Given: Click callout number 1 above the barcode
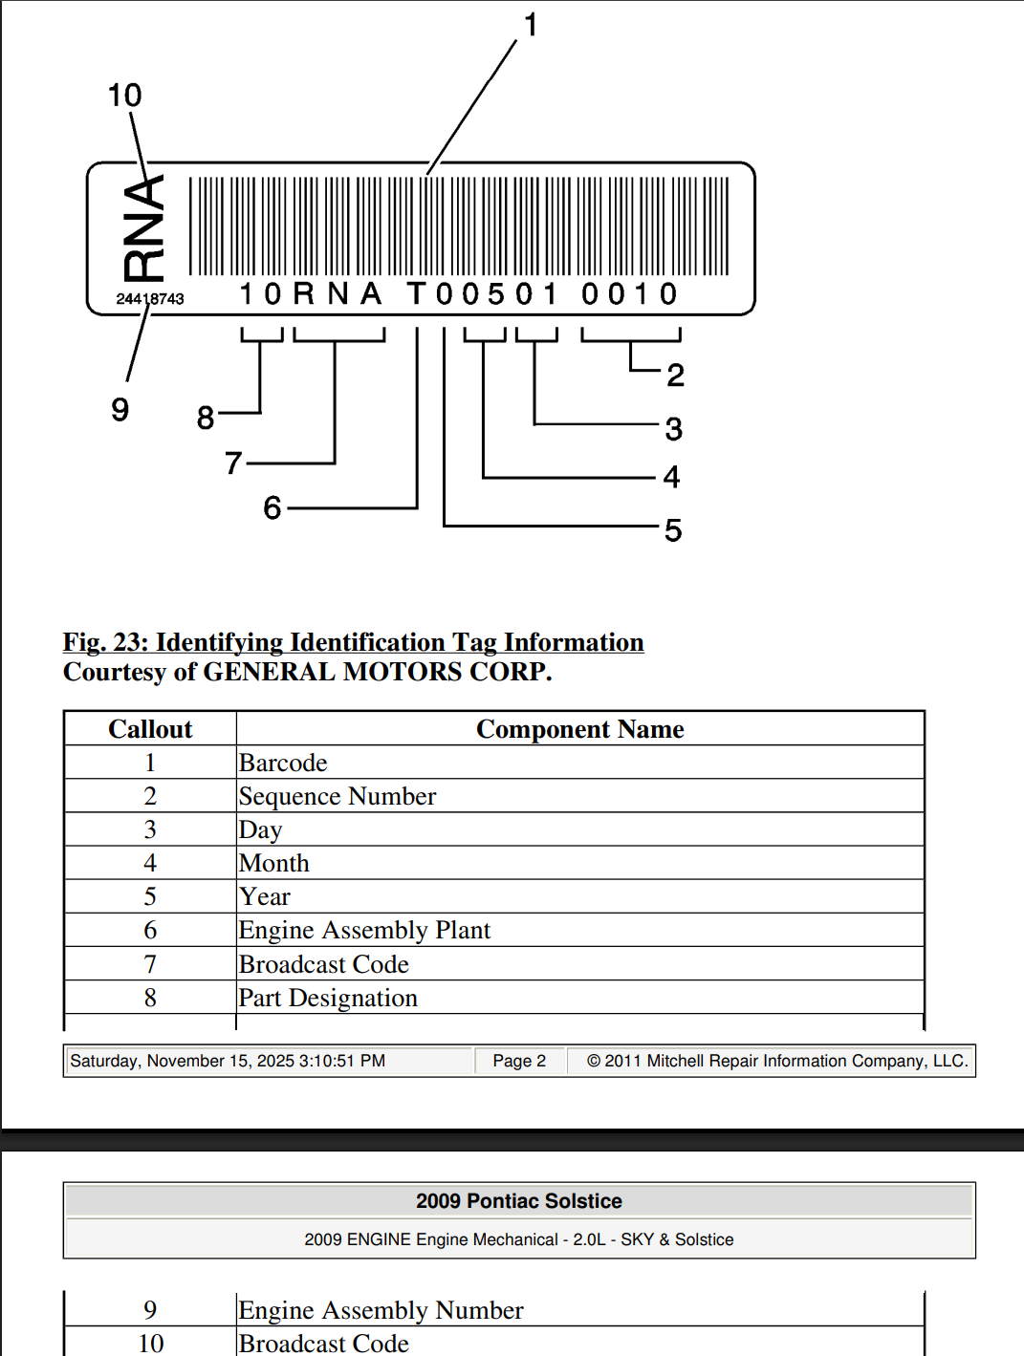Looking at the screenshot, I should (531, 25).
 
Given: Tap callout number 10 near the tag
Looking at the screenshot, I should (124, 96).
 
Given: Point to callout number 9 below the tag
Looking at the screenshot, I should (120, 410).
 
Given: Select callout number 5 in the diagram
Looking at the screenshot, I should (673, 530).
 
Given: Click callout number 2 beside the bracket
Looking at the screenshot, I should (675, 376).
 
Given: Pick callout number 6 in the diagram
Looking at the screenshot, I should (272, 507).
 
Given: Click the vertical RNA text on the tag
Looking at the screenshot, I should (143, 228).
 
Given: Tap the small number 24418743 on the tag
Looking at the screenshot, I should (150, 299).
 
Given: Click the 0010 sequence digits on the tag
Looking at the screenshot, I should (630, 294).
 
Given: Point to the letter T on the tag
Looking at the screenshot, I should (416, 294).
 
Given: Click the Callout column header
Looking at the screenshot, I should (150, 729).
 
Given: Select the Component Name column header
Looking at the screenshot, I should (579, 729).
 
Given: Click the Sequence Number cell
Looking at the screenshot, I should (338, 796).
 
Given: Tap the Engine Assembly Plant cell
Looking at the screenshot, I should (364, 930).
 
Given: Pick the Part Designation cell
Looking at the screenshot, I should (328, 998).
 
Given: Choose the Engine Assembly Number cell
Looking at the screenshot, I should (381, 1310).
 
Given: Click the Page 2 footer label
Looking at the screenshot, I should (519, 1061).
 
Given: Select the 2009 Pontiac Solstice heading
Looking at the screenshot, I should (518, 1201).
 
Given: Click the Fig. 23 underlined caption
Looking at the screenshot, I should (353, 642).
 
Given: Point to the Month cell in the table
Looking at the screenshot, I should (274, 863).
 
